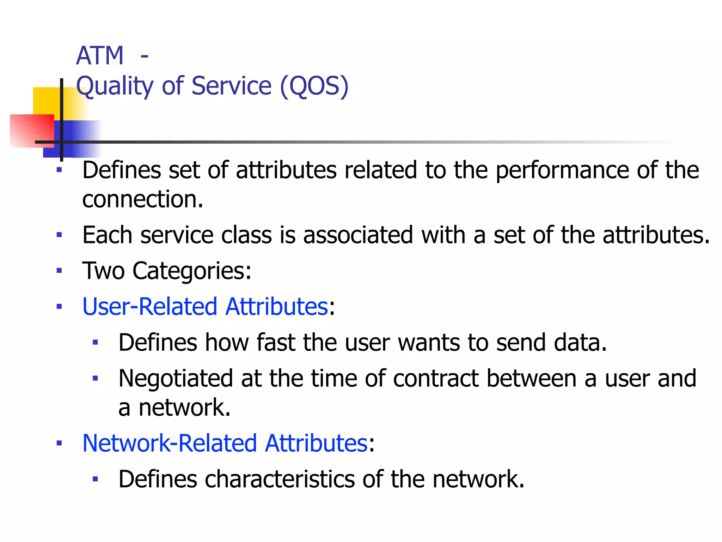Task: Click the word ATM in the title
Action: click(100, 56)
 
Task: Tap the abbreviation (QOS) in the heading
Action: click(314, 86)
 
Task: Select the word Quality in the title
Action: click(115, 86)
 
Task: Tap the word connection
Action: click(142, 199)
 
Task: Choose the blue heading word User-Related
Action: click(150, 306)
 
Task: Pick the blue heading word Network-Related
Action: click(170, 443)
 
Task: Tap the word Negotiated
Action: click(176, 378)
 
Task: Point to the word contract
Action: click(436, 378)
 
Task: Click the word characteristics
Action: click(280, 479)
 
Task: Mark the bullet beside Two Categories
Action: click(59, 271)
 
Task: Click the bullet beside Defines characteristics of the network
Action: click(95, 479)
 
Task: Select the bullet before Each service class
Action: click(59, 235)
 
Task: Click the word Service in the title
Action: click(231, 86)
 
